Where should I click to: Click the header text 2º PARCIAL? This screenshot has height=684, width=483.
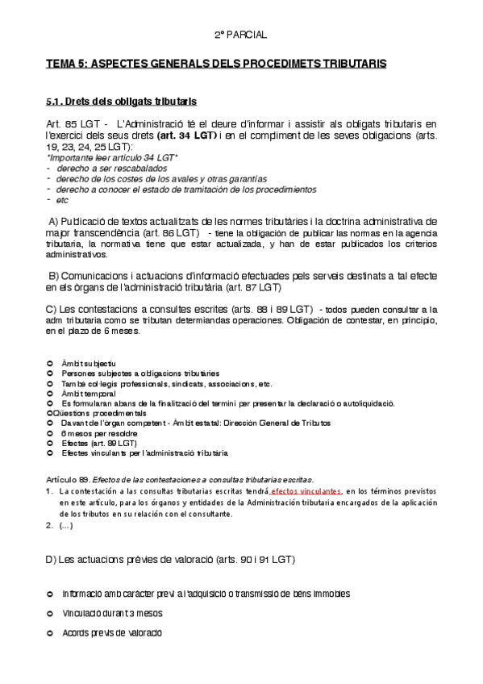pos(240,35)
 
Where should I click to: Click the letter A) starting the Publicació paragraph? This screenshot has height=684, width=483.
pos(54,221)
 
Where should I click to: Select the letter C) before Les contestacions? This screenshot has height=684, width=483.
pos(51,309)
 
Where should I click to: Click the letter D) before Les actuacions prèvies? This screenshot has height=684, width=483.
pos(51,559)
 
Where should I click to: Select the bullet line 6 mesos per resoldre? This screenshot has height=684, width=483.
pos(94,433)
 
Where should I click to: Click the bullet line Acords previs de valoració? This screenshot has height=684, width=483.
pos(112,633)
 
